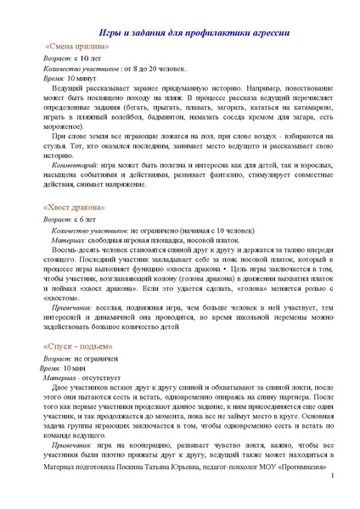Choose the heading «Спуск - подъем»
coord(76,348)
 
